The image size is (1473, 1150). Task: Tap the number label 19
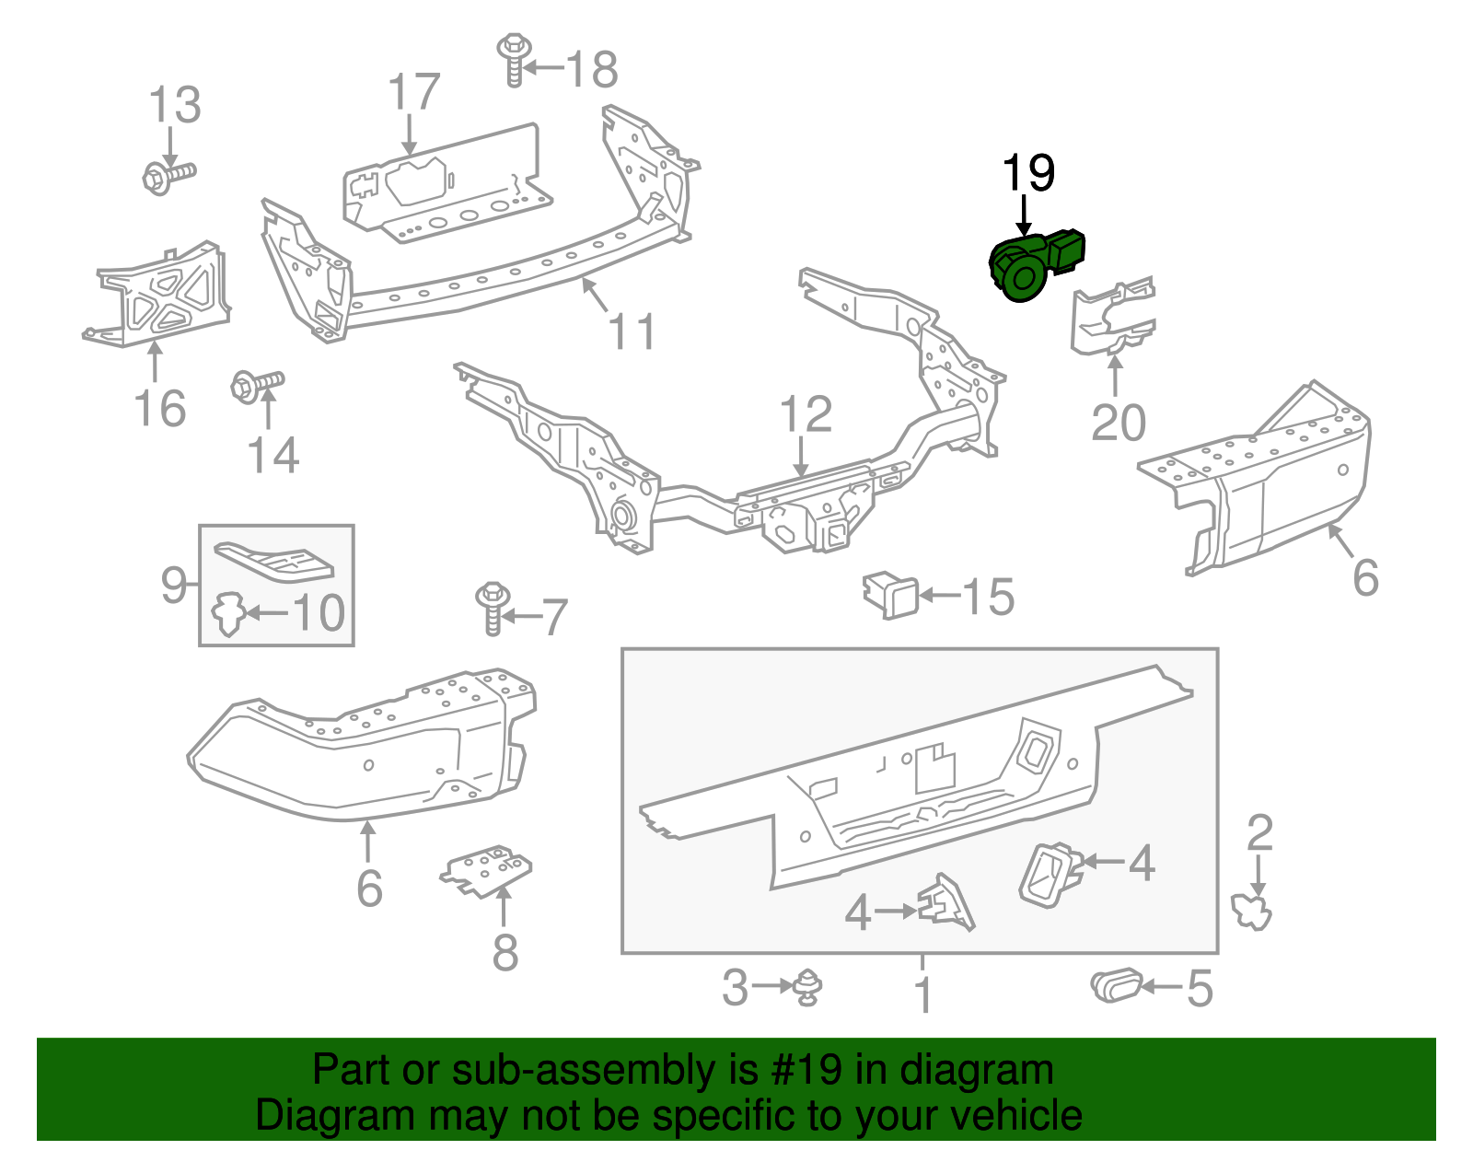coord(1027,174)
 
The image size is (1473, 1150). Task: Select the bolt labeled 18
coord(514,59)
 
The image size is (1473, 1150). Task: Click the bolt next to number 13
coord(168,176)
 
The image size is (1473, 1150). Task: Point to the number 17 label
coord(414,94)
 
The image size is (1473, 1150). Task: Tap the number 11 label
coord(632,331)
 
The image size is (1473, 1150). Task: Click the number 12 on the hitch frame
coord(806,415)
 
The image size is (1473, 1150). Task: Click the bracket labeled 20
coord(1111,318)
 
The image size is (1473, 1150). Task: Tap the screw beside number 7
coord(493,608)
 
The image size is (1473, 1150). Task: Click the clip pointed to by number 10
coord(227,614)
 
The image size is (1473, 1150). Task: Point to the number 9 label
coord(174,584)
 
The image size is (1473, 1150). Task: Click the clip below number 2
coord(1252,912)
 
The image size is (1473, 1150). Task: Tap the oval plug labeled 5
coord(1116,986)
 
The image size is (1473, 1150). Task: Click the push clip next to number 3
coord(807,987)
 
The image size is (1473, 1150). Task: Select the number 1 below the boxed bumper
coord(923,995)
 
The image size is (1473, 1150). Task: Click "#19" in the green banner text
coord(801,1071)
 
